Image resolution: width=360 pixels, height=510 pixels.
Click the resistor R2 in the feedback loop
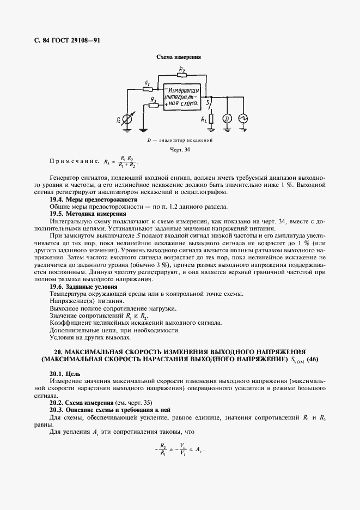pos(182,74)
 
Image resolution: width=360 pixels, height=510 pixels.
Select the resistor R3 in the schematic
pos(154,105)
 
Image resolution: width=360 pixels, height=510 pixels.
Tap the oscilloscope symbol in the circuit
pos(243,118)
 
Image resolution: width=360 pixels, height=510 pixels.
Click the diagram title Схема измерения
pos(179,57)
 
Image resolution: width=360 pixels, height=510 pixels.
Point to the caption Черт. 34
pos(179,149)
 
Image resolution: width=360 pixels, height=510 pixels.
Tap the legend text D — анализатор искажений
pos(179,140)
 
